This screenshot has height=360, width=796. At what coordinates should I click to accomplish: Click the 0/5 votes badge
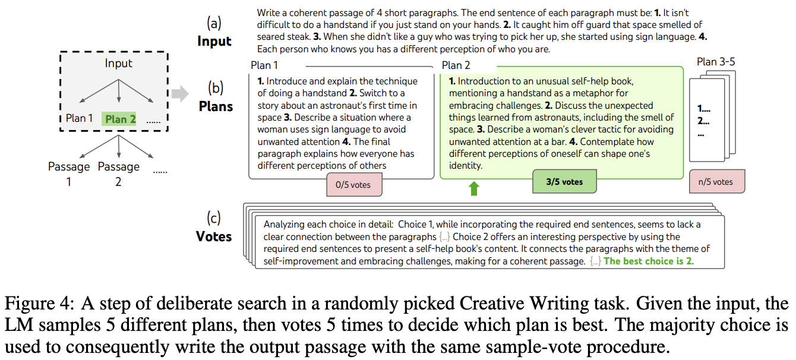354,184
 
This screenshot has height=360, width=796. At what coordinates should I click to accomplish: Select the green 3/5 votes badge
564,182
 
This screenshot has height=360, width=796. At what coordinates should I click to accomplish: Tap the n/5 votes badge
717,182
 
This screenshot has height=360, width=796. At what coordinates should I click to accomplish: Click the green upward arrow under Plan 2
473,188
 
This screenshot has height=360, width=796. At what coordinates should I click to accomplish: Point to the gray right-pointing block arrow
180,93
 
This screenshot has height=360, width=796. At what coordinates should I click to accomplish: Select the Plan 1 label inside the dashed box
79,118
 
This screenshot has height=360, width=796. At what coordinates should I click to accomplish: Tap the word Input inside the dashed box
118,63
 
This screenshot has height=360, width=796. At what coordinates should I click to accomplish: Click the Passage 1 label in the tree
69,174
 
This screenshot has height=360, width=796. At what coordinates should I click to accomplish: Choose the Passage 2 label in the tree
119,174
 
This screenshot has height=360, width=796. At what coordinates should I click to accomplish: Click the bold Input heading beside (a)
214,41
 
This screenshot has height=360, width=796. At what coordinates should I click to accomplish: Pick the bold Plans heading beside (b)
216,106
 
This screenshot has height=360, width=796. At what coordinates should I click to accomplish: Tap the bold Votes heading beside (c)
214,236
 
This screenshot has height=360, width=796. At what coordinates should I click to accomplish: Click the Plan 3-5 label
716,62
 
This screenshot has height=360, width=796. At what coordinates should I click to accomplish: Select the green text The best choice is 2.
649,261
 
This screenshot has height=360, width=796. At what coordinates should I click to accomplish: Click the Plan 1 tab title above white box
264,65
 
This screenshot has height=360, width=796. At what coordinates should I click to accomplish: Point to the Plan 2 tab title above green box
456,65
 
